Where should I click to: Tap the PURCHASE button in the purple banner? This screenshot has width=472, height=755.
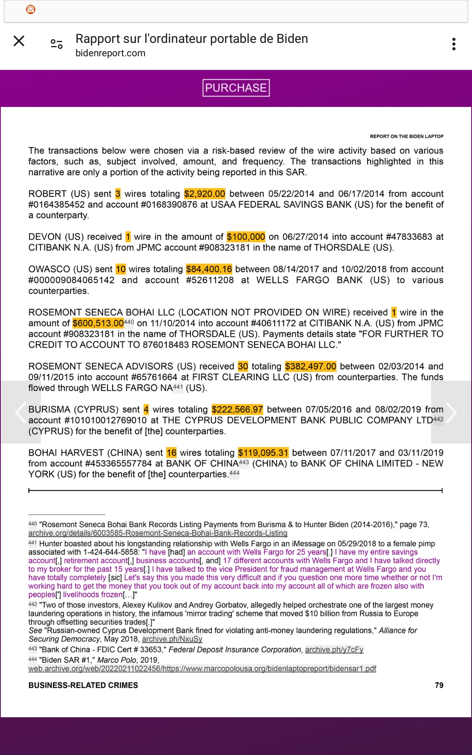click(236, 88)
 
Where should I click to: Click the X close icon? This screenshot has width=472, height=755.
click(19, 41)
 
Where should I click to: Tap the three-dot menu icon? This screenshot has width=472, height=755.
click(454, 44)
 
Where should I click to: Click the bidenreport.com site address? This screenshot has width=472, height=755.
click(111, 53)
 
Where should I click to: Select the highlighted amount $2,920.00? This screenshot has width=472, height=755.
click(205, 194)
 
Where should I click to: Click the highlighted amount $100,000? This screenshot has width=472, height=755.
click(246, 237)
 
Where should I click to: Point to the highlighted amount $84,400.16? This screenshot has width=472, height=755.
click(209, 269)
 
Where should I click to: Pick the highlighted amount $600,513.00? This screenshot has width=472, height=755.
click(98, 323)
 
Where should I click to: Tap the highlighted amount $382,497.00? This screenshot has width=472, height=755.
click(310, 366)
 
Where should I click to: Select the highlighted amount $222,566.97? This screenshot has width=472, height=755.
click(237, 410)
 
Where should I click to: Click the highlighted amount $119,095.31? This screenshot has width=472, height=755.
click(263, 453)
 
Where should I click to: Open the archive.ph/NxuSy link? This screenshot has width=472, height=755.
click(172, 639)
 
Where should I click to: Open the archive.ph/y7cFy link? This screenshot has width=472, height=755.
click(334, 650)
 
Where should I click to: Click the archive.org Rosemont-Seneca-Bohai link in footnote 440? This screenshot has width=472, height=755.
click(158, 533)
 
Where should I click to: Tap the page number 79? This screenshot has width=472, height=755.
click(439, 685)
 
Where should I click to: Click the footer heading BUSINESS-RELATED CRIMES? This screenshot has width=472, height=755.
click(83, 685)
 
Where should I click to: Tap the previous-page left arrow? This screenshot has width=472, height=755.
click(20, 412)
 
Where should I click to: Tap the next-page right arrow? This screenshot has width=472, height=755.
click(451, 412)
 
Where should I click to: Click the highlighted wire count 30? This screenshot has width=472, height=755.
click(243, 366)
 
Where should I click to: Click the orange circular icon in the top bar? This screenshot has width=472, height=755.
click(31, 9)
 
